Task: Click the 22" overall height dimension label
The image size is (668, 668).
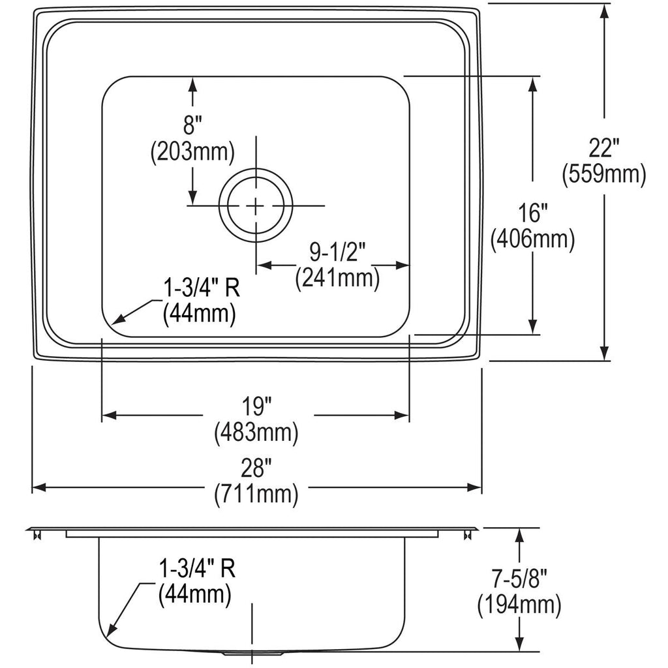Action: click(x=603, y=149)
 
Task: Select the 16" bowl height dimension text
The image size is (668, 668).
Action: click(x=532, y=213)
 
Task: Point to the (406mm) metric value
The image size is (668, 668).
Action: click(x=532, y=239)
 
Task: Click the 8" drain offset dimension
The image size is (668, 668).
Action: click(x=192, y=126)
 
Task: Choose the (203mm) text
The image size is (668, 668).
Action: click(x=192, y=151)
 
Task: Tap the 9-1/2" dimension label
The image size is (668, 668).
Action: click(x=338, y=252)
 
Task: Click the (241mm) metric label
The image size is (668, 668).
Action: click(x=338, y=279)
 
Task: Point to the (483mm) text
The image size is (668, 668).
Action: click(x=256, y=433)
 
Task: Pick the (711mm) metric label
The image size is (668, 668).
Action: click(x=256, y=494)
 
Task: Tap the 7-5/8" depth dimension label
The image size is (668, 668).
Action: click(x=519, y=579)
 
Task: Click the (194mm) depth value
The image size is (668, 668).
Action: click(x=519, y=605)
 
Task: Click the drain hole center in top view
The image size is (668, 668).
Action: click(x=256, y=205)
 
